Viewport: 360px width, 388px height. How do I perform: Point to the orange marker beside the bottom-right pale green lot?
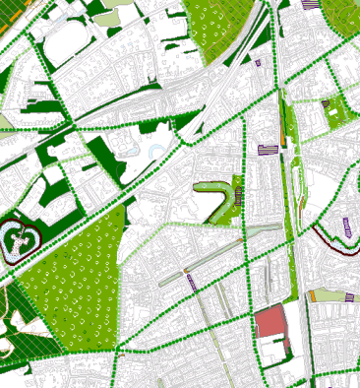pos(312,294)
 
